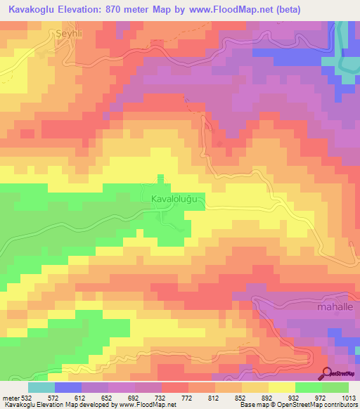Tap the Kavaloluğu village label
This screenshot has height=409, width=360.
(x=179, y=200)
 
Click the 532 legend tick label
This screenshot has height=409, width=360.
(x=27, y=398)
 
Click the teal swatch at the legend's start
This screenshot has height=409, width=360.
(x=41, y=387)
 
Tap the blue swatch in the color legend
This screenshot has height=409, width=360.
(x=68, y=387)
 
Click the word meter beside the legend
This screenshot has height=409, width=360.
(x=10, y=398)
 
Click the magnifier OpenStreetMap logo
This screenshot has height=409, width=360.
(x=326, y=373)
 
